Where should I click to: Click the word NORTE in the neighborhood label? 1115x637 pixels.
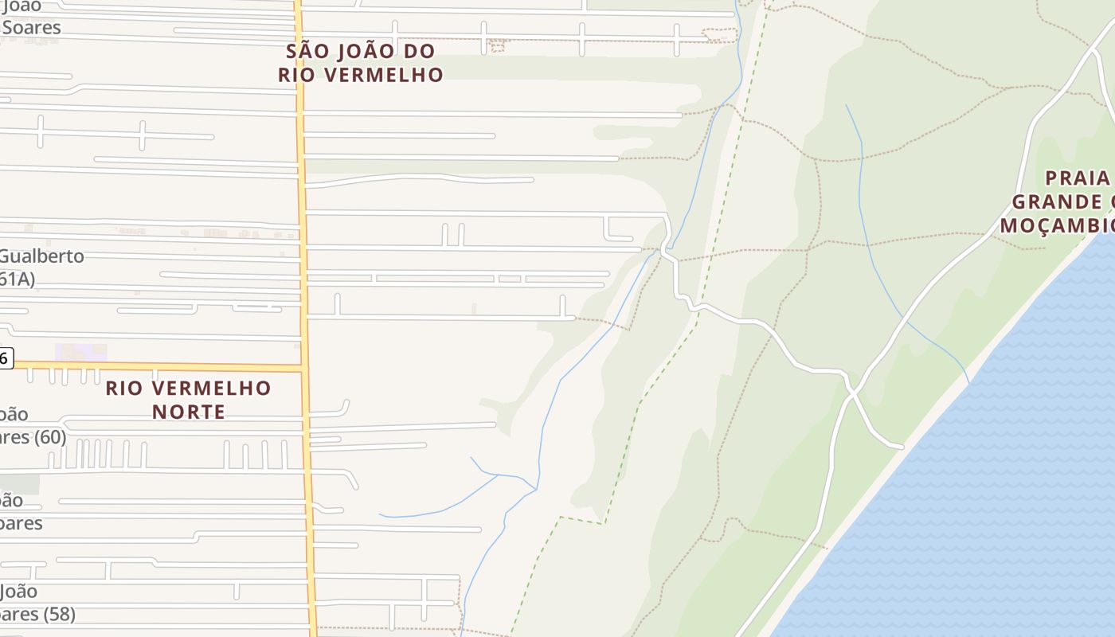pyautogui.click(x=189, y=412)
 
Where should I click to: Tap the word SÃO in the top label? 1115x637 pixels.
pyautogui.click(x=307, y=52)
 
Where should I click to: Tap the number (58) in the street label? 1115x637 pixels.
pyautogui.click(x=60, y=615)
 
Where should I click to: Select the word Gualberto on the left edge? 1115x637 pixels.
pyautogui.click(x=41, y=256)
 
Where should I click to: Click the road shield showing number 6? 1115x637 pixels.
pyautogui.click(x=5, y=358)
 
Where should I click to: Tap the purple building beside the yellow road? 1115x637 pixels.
pyautogui.click(x=80, y=352)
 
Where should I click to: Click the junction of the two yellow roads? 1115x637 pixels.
pyautogui.click(x=303, y=368)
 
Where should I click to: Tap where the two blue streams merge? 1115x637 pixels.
pyautogui.click(x=535, y=488)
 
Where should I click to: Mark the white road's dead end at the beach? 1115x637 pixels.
pyautogui.click(x=902, y=447)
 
